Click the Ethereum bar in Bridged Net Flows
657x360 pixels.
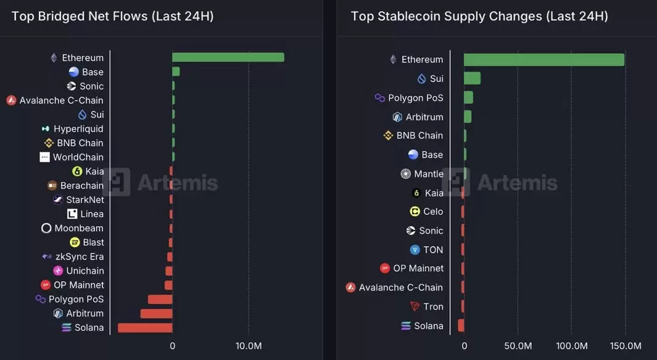tap(228, 57)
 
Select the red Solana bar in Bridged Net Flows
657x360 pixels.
tap(145, 328)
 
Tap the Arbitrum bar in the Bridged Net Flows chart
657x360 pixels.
tap(156, 314)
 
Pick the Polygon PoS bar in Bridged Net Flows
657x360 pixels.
tap(160, 300)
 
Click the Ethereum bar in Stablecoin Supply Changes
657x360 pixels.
tap(544, 59)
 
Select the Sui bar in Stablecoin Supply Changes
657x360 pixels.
tap(472, 78)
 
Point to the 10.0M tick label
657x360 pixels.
tap(249, 346)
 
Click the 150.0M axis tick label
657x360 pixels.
tap(626, 346)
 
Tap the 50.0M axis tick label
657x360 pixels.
tap(518, 346)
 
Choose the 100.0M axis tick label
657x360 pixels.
tap(571, 346)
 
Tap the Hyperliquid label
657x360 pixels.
tap(78, 129)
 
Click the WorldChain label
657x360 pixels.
tap(78, 157)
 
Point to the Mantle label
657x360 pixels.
tap(429, 174)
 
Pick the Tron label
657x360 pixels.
tap(433, 307)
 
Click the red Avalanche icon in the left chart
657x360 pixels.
tap(11, 100)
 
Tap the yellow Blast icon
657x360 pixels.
tap(75, 242)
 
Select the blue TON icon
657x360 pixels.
tap(415, 250)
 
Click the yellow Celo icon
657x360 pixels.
tap(415, 211)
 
